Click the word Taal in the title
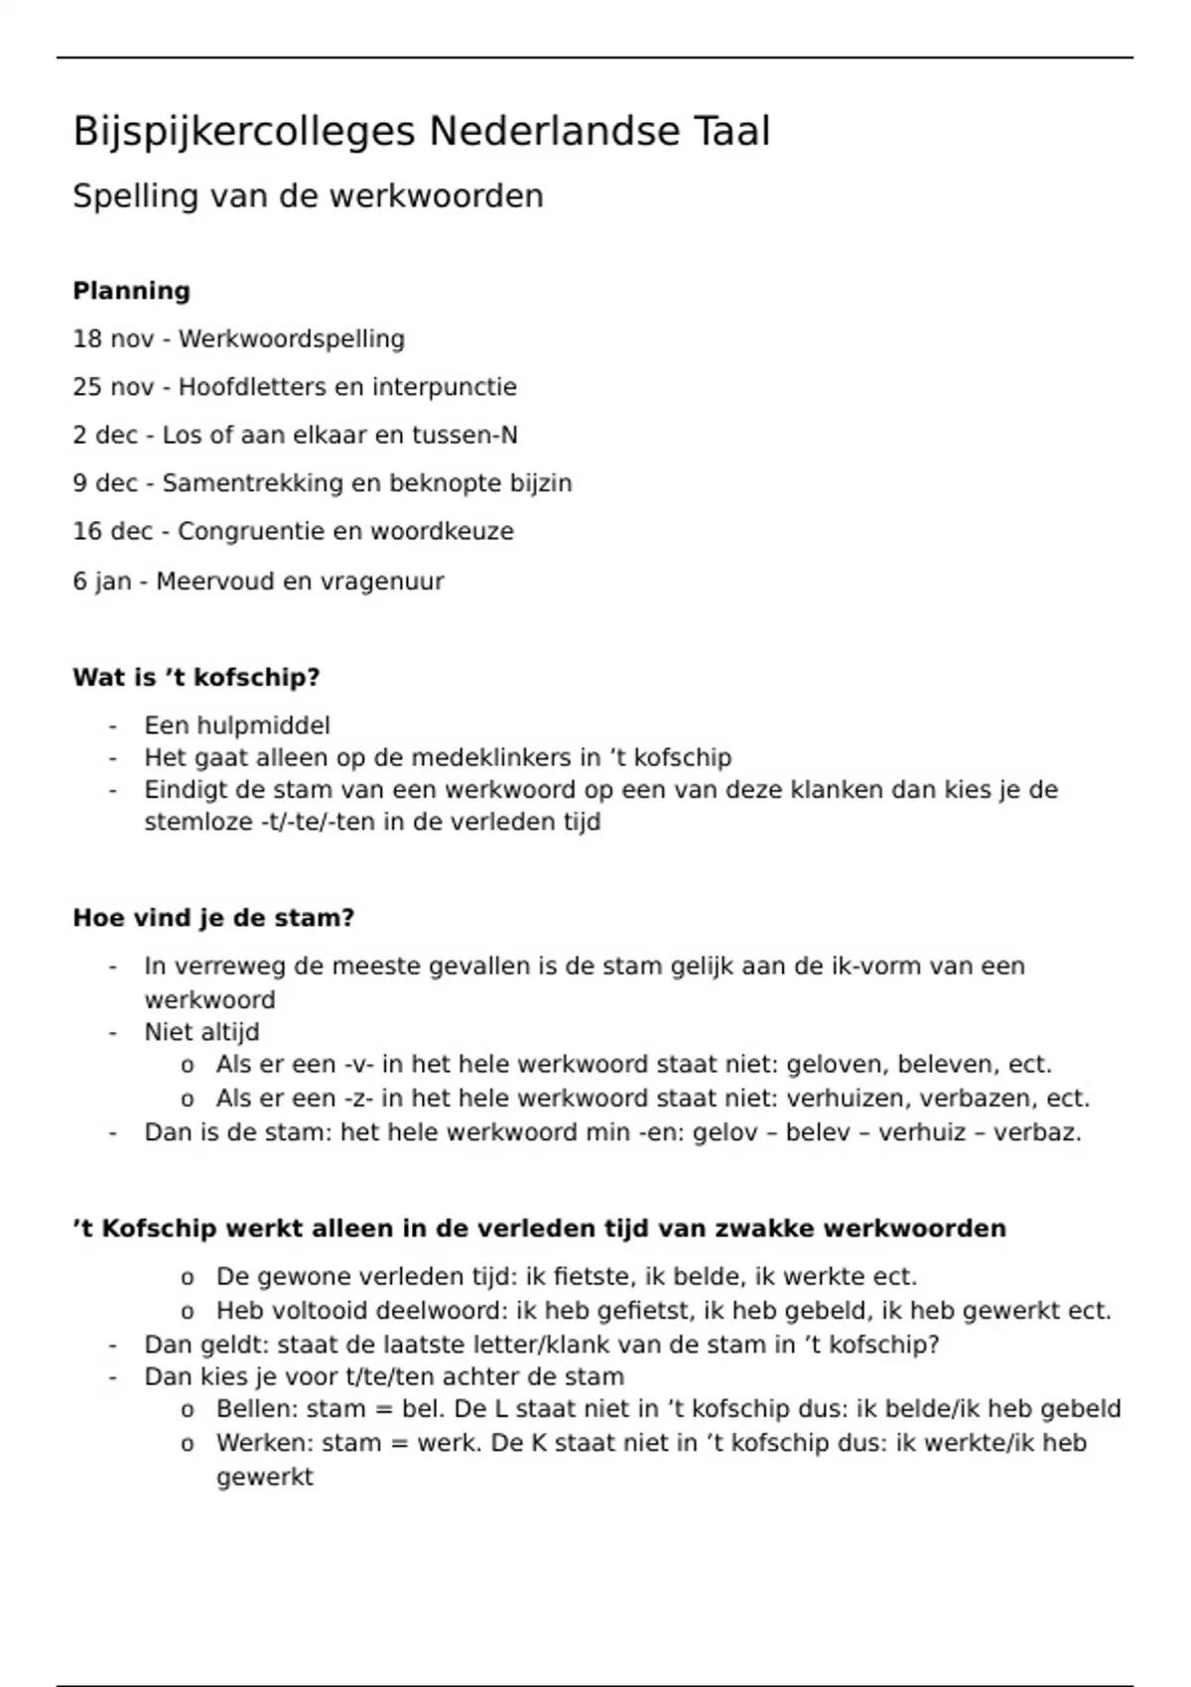pyautogui.click(x=730, y=132)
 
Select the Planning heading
pyautogui.click(x=131, y=291)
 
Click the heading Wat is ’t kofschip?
pyautogui.click(x=197, y=678)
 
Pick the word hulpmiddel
pyautogui.click(x=263, y=725)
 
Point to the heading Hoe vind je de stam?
pyautogui.click(x=213, y=918)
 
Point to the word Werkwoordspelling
pyautogui.click(x=292, y=339)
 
